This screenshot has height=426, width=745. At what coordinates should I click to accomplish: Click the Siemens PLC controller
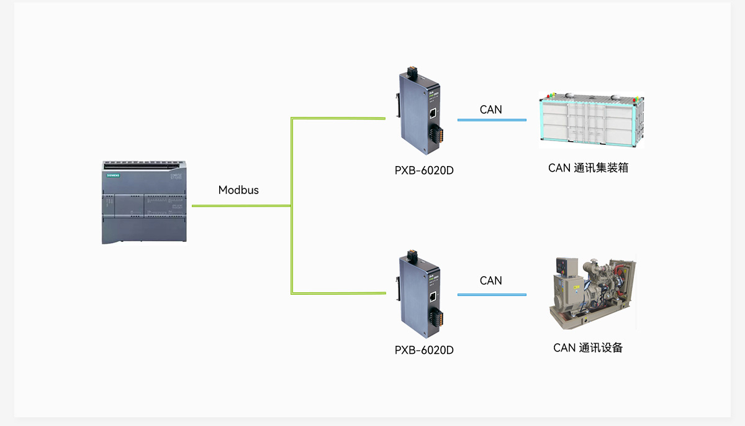(144, 202)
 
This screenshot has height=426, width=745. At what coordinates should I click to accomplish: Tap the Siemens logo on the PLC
(113, 175)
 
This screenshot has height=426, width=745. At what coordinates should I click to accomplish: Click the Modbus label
(238, 190)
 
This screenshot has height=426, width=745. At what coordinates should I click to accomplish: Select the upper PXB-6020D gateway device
(420, 111)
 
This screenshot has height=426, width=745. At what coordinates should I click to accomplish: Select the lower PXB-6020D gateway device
(420, 294)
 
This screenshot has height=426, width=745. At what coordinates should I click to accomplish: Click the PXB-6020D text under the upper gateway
(424, 170)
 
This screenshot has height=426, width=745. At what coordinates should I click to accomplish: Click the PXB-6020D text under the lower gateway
(424, 350)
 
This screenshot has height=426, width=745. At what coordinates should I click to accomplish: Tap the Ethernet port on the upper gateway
(433, 113)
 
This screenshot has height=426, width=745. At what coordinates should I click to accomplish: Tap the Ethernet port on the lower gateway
(433, 297)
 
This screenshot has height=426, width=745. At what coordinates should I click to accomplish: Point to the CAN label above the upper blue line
(490, 109)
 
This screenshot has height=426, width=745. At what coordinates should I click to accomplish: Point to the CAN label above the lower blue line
(490, 280)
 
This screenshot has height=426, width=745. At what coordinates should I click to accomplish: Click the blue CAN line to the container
(492, 120)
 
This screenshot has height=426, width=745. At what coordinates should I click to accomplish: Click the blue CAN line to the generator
(492, 295)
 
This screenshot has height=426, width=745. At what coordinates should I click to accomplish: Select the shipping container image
(591, 120)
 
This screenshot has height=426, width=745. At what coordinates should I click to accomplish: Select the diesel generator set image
(592, 292)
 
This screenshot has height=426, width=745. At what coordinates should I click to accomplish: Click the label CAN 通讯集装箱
(588, 168)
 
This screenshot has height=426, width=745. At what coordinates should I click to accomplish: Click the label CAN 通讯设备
(588, 348)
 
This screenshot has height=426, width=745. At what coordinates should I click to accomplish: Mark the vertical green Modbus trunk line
(292, 206)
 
